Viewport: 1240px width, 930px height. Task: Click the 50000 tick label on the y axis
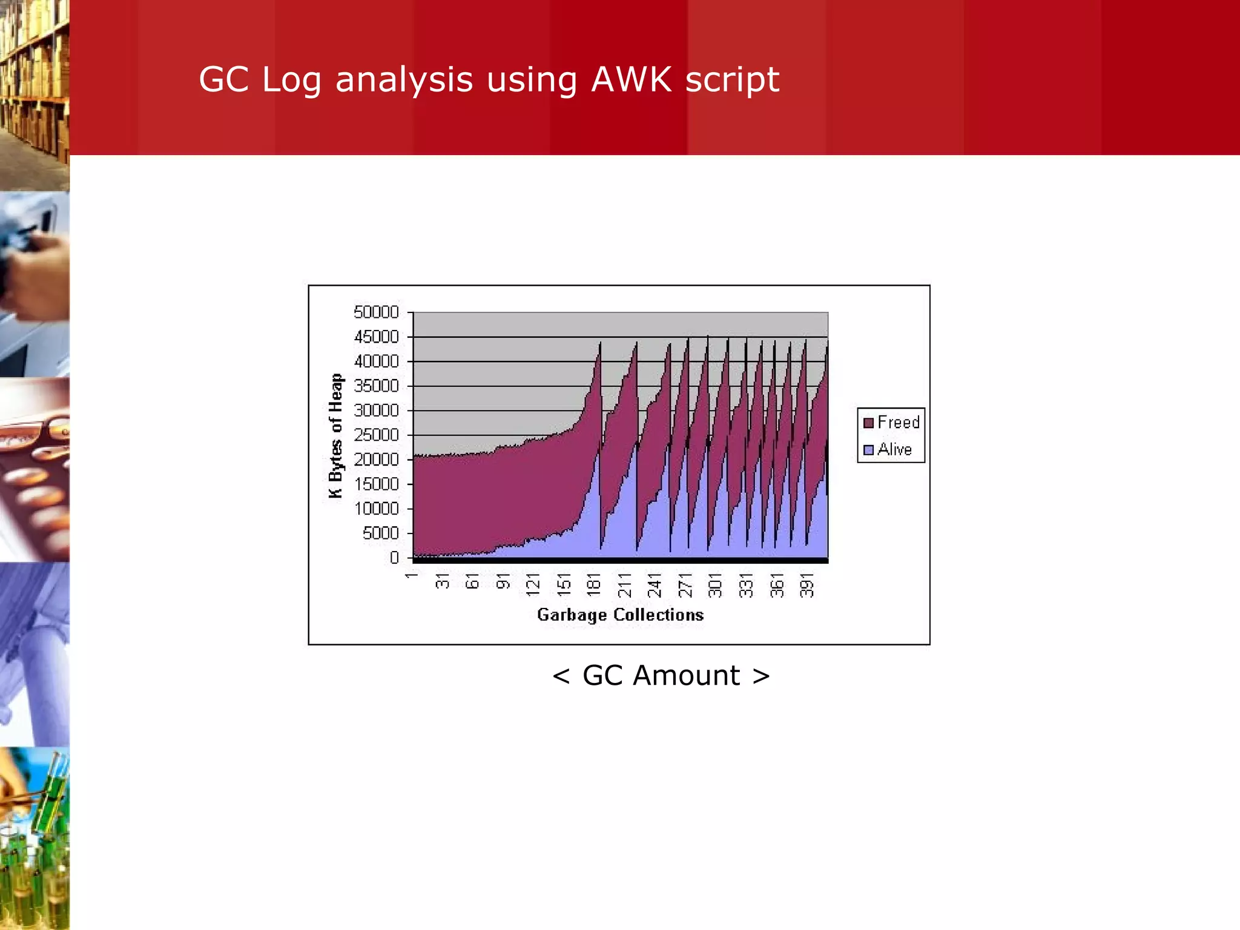(376, 312)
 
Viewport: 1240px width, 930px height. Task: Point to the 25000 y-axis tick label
(376, 435)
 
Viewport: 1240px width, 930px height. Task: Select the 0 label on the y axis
(394, 558)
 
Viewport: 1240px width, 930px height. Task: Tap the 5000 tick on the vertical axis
(381, 533)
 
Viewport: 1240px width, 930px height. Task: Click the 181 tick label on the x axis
(594, 585)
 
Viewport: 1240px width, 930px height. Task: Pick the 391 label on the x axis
(806, 585)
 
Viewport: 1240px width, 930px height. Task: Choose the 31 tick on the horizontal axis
(443, 581)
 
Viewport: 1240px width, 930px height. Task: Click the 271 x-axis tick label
(685, 585)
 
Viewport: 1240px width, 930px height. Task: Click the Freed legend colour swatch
(869, 423)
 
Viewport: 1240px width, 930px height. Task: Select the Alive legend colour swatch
(869, 450)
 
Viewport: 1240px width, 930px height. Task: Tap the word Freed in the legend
(899, 422)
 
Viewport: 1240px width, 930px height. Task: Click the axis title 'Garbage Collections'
(620, 615)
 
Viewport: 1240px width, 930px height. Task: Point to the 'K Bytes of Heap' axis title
(335, 435)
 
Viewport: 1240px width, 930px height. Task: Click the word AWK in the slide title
(632, 79)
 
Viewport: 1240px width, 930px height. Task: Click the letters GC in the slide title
(223, 79)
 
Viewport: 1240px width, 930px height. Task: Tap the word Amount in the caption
(686, 676)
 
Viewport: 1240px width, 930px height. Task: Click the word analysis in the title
(404, 79)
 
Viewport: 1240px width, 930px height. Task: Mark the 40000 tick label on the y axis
(376, 361)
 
